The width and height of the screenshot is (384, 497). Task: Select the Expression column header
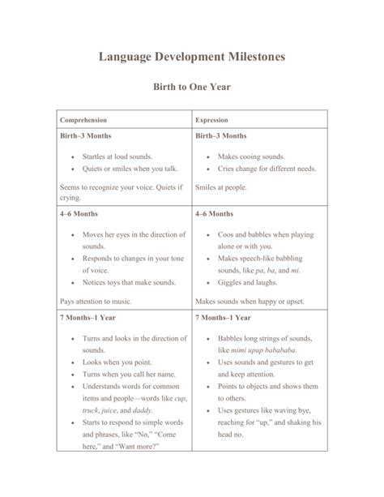212,120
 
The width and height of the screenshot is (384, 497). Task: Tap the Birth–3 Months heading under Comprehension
86,135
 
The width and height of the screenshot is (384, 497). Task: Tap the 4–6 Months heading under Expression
215,214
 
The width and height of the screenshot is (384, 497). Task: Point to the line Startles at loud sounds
117,156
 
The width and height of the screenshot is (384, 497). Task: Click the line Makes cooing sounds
250,156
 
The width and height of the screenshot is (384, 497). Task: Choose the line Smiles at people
221,187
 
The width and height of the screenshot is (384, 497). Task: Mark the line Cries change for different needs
267,169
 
